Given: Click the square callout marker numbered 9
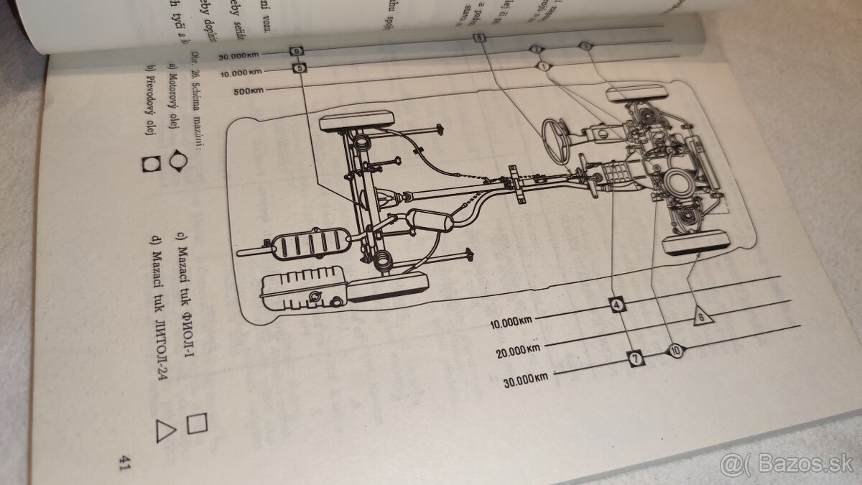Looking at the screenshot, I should (x=297, y=52).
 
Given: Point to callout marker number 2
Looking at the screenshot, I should (x=535, y=50).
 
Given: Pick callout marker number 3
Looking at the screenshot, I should (x=585, y=47).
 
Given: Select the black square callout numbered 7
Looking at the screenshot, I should (x=634, y=358).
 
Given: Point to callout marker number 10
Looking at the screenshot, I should (x=676, y=351).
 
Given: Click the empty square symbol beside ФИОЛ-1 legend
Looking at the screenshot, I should (x=196, y=423).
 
